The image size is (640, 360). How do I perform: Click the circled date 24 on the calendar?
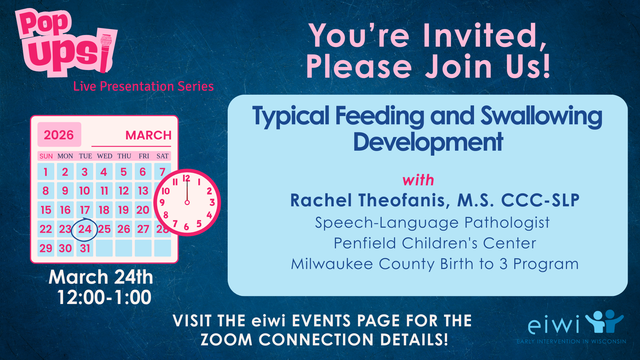[x=85, y=229]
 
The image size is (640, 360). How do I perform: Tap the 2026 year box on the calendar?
[x=59, y=135]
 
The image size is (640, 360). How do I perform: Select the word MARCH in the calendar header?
[x=148, y=135]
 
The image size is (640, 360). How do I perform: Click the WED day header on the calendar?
[x=105, y=156]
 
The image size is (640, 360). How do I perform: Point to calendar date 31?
[x=85, y=248]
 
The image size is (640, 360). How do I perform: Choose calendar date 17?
[x=85, y=210]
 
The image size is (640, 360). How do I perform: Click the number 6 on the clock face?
[x=186, y=227]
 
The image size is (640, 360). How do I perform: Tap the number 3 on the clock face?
[x=212, y=202]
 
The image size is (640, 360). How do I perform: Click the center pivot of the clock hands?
[x=187, y=202]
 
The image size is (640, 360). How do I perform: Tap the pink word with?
[x=418, y=180]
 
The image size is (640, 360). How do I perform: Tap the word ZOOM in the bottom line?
[x=227, y=340]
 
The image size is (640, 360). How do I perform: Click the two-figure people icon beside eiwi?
[x=604, y=321]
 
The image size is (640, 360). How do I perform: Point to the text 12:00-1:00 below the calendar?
[x=104, y=297]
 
